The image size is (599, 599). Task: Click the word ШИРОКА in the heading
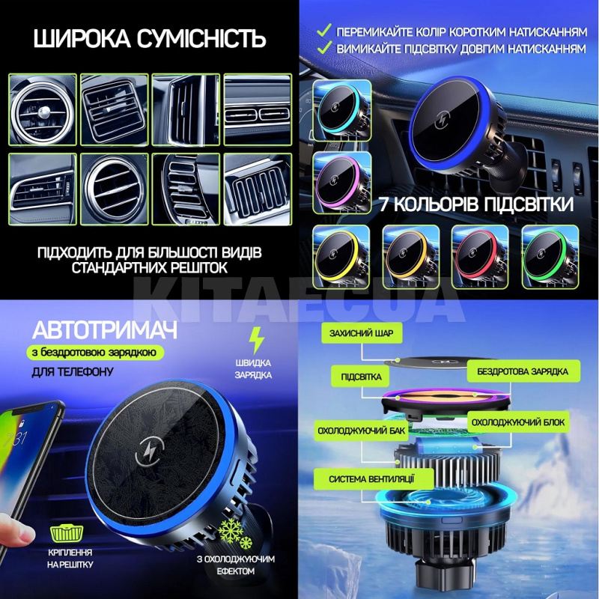[82, 39]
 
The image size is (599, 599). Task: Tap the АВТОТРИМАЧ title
[105, 330]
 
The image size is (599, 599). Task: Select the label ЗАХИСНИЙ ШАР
[362, 333]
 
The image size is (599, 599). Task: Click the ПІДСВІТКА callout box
[361, 377]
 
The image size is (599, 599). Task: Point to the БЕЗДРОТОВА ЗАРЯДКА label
[523, 371]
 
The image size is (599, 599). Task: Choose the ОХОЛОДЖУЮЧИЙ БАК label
[362, 431]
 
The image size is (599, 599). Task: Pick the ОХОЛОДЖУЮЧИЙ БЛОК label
[518, 422]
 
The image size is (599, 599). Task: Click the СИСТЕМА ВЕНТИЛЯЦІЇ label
[371, 479]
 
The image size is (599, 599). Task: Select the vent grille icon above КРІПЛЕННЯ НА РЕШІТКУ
[67, 533]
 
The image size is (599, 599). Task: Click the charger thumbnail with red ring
[480, 257]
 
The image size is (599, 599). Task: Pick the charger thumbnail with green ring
[550, 257]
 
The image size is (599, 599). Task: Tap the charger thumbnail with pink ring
[342, 183]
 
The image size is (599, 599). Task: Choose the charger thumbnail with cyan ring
[342, 110]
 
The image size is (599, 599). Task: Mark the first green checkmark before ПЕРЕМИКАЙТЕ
[324, 30]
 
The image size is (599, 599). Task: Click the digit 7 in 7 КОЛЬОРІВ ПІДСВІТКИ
[384, 204]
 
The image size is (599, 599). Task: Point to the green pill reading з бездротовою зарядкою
[94, 352]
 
